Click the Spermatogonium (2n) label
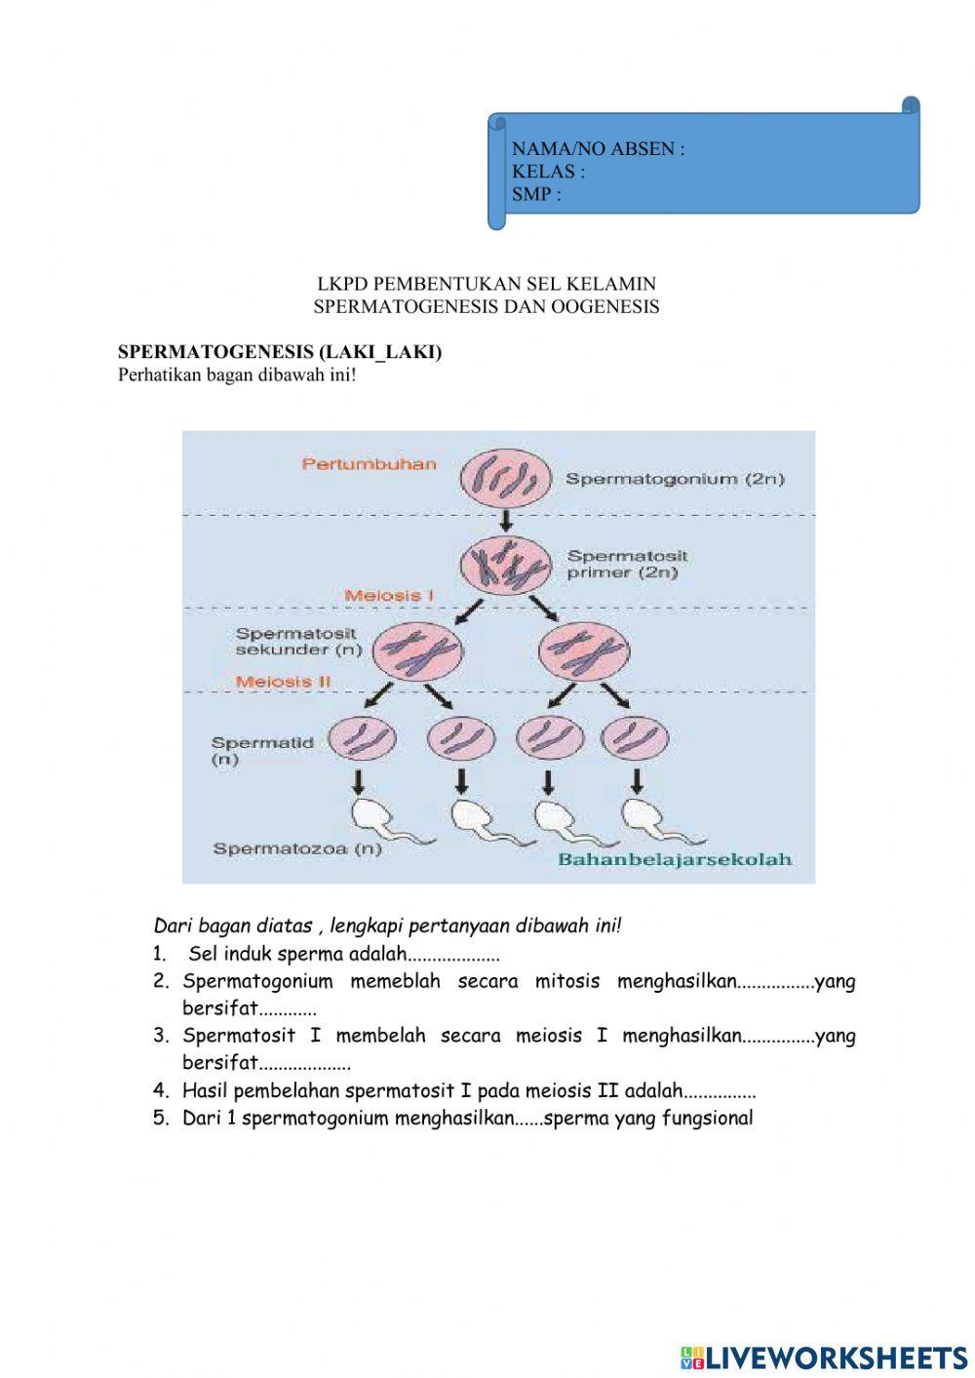point(675,479)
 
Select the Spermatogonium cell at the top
point(506,478)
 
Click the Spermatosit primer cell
point(506,564)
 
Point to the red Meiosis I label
point(389,595)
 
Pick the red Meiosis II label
point(284,682)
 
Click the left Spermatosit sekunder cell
point(417,650)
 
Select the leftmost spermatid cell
point(362,740)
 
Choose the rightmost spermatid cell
point(636,740)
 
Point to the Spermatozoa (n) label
point(297,848)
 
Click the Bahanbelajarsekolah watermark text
point(675,859)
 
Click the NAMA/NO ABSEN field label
point(598,149)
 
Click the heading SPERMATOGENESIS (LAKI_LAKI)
point(280,352)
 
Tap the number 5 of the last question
point(162,1119)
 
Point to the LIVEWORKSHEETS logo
point(824,1357)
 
